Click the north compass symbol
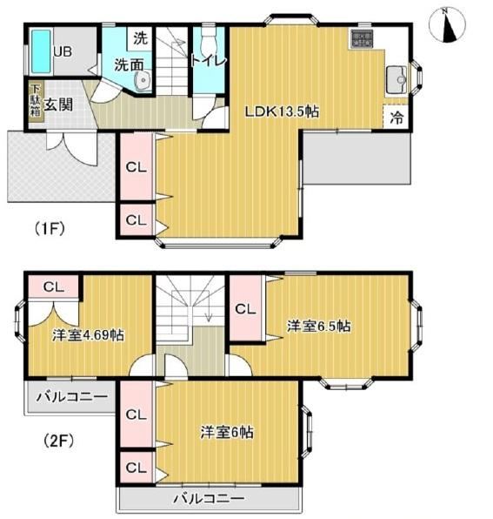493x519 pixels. (x=447, y=25)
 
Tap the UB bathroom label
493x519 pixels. (x=63, y=51)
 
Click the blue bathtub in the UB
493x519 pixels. (x=42, y=51)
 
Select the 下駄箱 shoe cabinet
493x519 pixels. (x=36, y=101)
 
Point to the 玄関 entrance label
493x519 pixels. (x=58, y=104)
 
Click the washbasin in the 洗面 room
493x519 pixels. (x=143, y=80)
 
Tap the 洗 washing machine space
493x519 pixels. (x=140, y=38)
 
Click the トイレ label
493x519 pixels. (x=209, y=61)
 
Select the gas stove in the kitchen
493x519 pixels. (x=363, y=38)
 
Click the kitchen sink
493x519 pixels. (x=397, y=80)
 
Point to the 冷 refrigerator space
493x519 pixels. (x=396, y=117)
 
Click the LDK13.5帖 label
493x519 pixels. (x=282, y=111)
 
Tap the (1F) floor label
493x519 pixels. (x=50, y=228)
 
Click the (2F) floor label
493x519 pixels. (x=58, y=441)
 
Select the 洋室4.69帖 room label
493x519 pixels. (x=88, y=335)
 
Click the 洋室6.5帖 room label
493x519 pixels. (x=318, y=326)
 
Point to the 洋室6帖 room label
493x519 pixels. (x=227, y=432)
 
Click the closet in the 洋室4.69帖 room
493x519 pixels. (x=54, y=286)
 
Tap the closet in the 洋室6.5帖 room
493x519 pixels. (x=246, y=308)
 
